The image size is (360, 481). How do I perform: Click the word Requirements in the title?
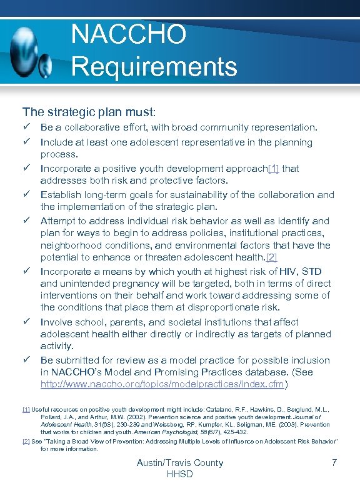pos(154,66)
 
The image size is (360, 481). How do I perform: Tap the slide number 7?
pos(335,463)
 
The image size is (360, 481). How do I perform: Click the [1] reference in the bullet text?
pos(274,168)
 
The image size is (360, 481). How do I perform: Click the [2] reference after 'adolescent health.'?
pos(271,257)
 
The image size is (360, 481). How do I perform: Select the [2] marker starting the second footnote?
pos(26,441)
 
